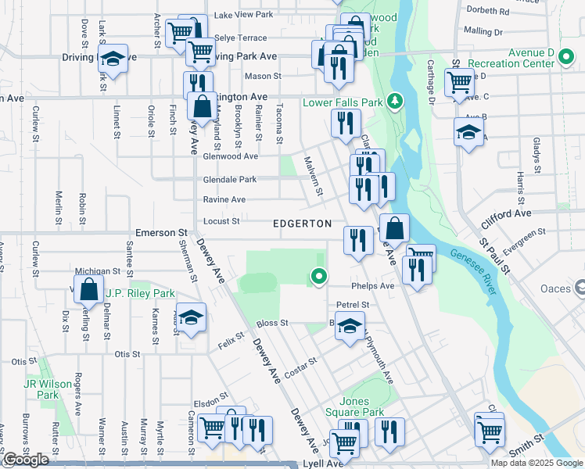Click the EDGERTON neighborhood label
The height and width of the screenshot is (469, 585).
click(303, 224)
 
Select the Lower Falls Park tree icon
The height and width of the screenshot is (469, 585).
click(396, 102)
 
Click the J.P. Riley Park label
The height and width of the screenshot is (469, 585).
click(140, 293)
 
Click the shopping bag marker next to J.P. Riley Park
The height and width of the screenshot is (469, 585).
click(89, 289)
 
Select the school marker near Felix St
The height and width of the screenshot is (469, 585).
click(188, 317)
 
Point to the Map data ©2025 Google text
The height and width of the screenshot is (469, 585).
click(537, 463)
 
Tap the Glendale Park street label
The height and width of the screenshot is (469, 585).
click(230, 180)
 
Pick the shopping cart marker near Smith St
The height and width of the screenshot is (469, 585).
click(490, 430)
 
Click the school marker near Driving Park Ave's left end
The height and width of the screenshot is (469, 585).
click(113, 59)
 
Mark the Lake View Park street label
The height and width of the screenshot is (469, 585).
click(243, 14)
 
